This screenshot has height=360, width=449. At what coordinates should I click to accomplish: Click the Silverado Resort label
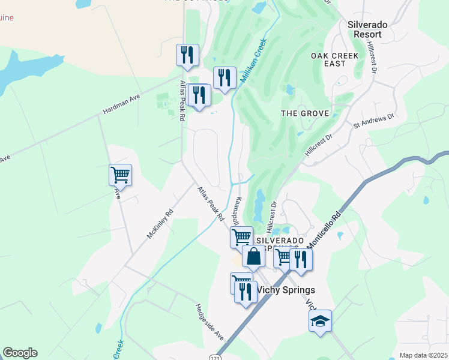368,30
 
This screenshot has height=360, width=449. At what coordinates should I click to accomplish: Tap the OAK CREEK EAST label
334,59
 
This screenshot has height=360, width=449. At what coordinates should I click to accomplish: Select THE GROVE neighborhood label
305,113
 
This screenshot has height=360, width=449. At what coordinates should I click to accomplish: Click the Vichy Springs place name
286,290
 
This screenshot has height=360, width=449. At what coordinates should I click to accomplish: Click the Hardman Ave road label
121,103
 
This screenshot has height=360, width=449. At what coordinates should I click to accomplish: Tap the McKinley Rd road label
160,223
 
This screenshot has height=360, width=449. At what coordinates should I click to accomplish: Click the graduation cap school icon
320,321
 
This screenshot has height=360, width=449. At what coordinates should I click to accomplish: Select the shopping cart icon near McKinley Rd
120,175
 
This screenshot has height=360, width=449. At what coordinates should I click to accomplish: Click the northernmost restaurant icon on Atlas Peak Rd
187,55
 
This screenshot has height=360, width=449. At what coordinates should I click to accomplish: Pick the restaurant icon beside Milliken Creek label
224,77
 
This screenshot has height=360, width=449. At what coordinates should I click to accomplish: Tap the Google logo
20,353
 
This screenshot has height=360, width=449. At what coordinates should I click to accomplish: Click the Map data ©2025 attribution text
423,355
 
